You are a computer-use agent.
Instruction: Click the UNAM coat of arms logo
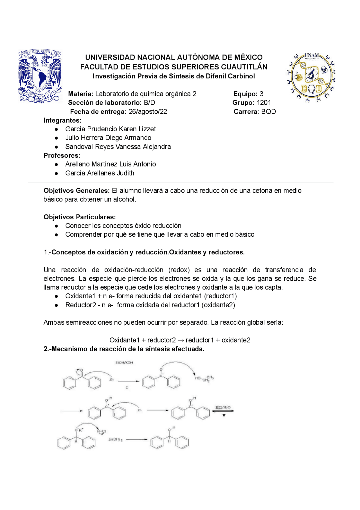point(40,76)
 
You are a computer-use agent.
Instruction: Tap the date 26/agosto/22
point(148,112)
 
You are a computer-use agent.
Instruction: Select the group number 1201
point(264,103)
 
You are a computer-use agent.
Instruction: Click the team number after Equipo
point(261,94)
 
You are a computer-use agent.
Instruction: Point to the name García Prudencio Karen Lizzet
point(110,129)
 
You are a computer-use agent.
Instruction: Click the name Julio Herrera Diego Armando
point(108,138)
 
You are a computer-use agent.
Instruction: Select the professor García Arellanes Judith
point(100,173)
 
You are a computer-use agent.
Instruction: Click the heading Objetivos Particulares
point(80,217)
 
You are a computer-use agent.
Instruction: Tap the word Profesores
point(62,155)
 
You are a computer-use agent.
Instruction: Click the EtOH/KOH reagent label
point(124,363)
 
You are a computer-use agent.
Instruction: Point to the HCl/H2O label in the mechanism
point(223,407)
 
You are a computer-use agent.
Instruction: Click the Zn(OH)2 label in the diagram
point(115,439)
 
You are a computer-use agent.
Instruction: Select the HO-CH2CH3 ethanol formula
point(204,379)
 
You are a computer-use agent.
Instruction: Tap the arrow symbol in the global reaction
point(181,340)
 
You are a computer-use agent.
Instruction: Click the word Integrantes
point(62,120)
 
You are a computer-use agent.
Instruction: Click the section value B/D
point(149,103)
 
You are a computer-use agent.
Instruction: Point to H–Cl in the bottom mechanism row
point(102,432)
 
